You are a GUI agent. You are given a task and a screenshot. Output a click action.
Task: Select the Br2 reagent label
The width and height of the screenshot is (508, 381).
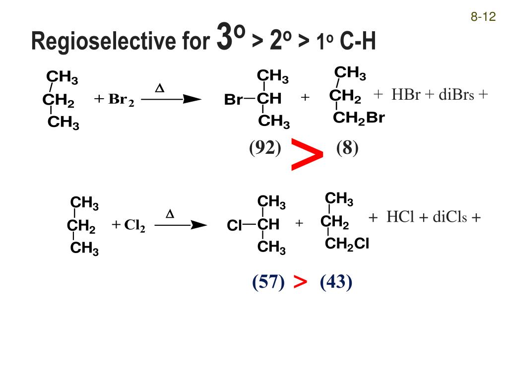[x=121, y=100]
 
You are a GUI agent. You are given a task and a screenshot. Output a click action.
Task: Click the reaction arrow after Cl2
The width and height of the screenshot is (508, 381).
[x=181, y=226]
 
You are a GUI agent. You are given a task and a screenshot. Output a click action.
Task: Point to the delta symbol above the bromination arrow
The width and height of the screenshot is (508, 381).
[x=159, y=89]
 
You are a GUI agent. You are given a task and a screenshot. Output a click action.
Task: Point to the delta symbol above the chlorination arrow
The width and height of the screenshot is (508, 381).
[x=170, y=215]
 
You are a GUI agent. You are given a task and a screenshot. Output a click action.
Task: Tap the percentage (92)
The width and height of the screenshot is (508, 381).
[x=265, y=148]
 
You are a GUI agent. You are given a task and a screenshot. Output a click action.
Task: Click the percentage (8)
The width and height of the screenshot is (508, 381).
[x=347, y=148]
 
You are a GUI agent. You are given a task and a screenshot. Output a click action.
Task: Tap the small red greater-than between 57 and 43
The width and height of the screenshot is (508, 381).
[x=300, y=282]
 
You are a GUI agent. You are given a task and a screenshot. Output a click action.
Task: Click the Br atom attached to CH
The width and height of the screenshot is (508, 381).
[x=233, y=100]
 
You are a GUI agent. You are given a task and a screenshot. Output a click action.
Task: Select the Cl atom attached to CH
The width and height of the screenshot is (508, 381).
[x=234, y=226]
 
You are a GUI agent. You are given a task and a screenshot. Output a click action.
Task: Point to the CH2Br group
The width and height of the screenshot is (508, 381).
[x=359, y=118]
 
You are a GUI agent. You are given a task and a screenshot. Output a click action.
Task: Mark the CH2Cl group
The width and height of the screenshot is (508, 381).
[x=347, y=244]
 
